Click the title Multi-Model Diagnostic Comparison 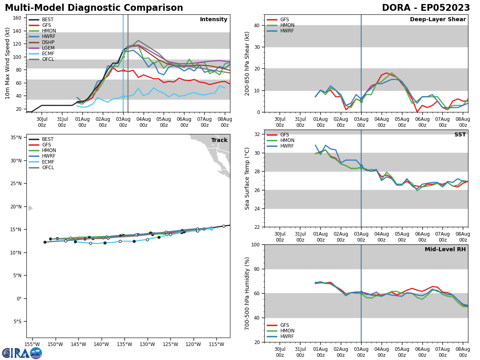(94, 8)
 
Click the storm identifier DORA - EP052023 (426, 8)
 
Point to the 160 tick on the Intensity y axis (17, 18)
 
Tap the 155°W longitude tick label (32, 345)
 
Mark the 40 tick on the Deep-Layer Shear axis (256, 25)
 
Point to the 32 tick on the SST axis (256, 134)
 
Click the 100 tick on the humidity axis (254, 244)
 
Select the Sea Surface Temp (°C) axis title (248, 178)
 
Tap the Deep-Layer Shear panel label (438, 20)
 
